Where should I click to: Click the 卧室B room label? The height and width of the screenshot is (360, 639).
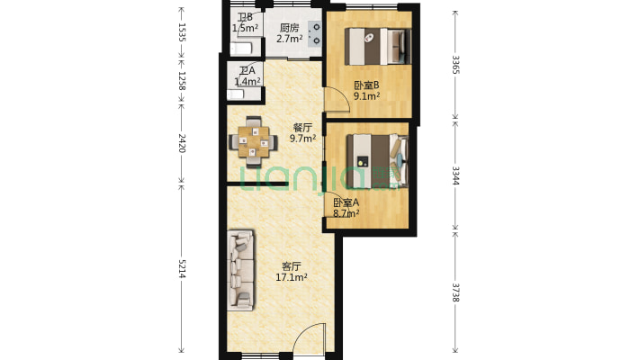coord(366,85)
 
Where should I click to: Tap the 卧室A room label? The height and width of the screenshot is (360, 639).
coord(346,203)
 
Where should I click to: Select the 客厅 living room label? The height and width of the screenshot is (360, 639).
coord(291,266)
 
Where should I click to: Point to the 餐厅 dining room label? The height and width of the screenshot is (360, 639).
coord(302,127)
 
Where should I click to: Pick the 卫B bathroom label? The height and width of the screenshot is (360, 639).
coord(245,18)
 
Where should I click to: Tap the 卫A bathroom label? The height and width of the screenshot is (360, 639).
coord(247,71)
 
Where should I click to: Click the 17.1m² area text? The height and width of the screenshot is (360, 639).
coord(291,278)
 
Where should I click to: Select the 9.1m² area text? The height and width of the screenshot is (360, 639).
coord(366,96)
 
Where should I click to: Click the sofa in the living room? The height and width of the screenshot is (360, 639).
coord(241,269)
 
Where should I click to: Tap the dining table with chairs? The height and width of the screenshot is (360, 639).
coord(252,139)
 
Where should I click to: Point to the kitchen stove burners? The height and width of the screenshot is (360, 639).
coord(316,32)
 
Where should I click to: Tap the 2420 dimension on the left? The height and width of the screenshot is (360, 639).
coord(182,142)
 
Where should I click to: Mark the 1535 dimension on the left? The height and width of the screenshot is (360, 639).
coord(182,33)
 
